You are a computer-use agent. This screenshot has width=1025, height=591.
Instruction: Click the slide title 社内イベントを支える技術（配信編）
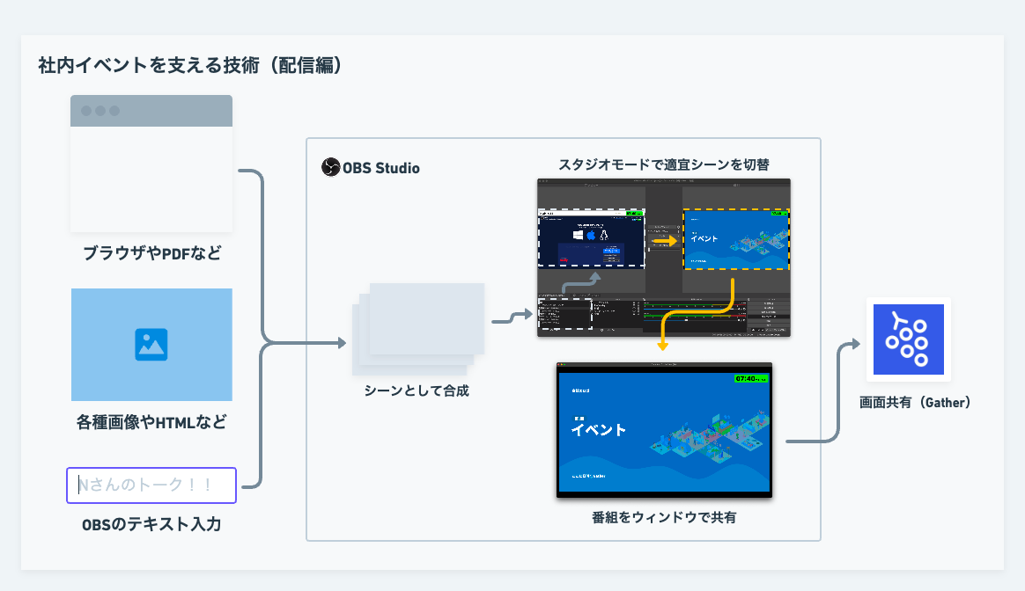189,66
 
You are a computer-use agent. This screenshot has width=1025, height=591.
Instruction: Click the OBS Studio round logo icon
330,167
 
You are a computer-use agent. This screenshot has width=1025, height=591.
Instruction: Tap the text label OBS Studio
381,167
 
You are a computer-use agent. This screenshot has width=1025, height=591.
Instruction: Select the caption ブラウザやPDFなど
151,254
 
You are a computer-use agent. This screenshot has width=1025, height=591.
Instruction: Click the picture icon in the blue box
151,345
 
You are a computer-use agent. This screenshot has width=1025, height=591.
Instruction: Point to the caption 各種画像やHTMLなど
151,423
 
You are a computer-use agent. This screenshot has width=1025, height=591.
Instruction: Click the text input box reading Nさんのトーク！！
151,485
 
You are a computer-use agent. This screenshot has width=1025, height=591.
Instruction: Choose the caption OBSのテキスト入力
151,525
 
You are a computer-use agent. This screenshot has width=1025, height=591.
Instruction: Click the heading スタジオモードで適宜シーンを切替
663,164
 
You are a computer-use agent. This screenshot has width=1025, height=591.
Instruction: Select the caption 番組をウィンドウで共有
664,517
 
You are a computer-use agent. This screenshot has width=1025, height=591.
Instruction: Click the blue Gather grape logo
908,339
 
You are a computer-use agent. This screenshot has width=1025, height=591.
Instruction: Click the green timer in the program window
749,378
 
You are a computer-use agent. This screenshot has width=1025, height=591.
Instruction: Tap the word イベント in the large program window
599,430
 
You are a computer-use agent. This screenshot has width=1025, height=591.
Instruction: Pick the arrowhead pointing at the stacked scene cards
343,343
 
